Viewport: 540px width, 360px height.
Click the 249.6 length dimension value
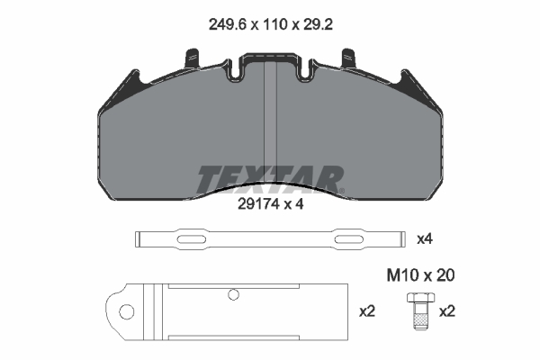pyautogui.click(x=228, y=25)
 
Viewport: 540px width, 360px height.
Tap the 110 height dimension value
pyautogui.click(x=275, y=25)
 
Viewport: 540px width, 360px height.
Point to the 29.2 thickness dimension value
pyautogui.click(x=318, y=25)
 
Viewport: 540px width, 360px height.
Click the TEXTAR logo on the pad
pyautogui.click(x=270, y=179)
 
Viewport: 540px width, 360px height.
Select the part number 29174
pyautogui.click(x=258, y=204)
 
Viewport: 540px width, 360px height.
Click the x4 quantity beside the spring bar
pyautogui.click(x=425, y=238)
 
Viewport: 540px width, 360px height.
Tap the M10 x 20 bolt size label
pyautogui.click(x=421, y=275)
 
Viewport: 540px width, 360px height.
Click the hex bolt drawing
pyautogui.click(x=420, y=310)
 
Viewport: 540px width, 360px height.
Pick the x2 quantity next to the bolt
pyautogui.click(x=447, y=311)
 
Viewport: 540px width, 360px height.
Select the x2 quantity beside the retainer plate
pyautogui.click(x=367, y=311)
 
